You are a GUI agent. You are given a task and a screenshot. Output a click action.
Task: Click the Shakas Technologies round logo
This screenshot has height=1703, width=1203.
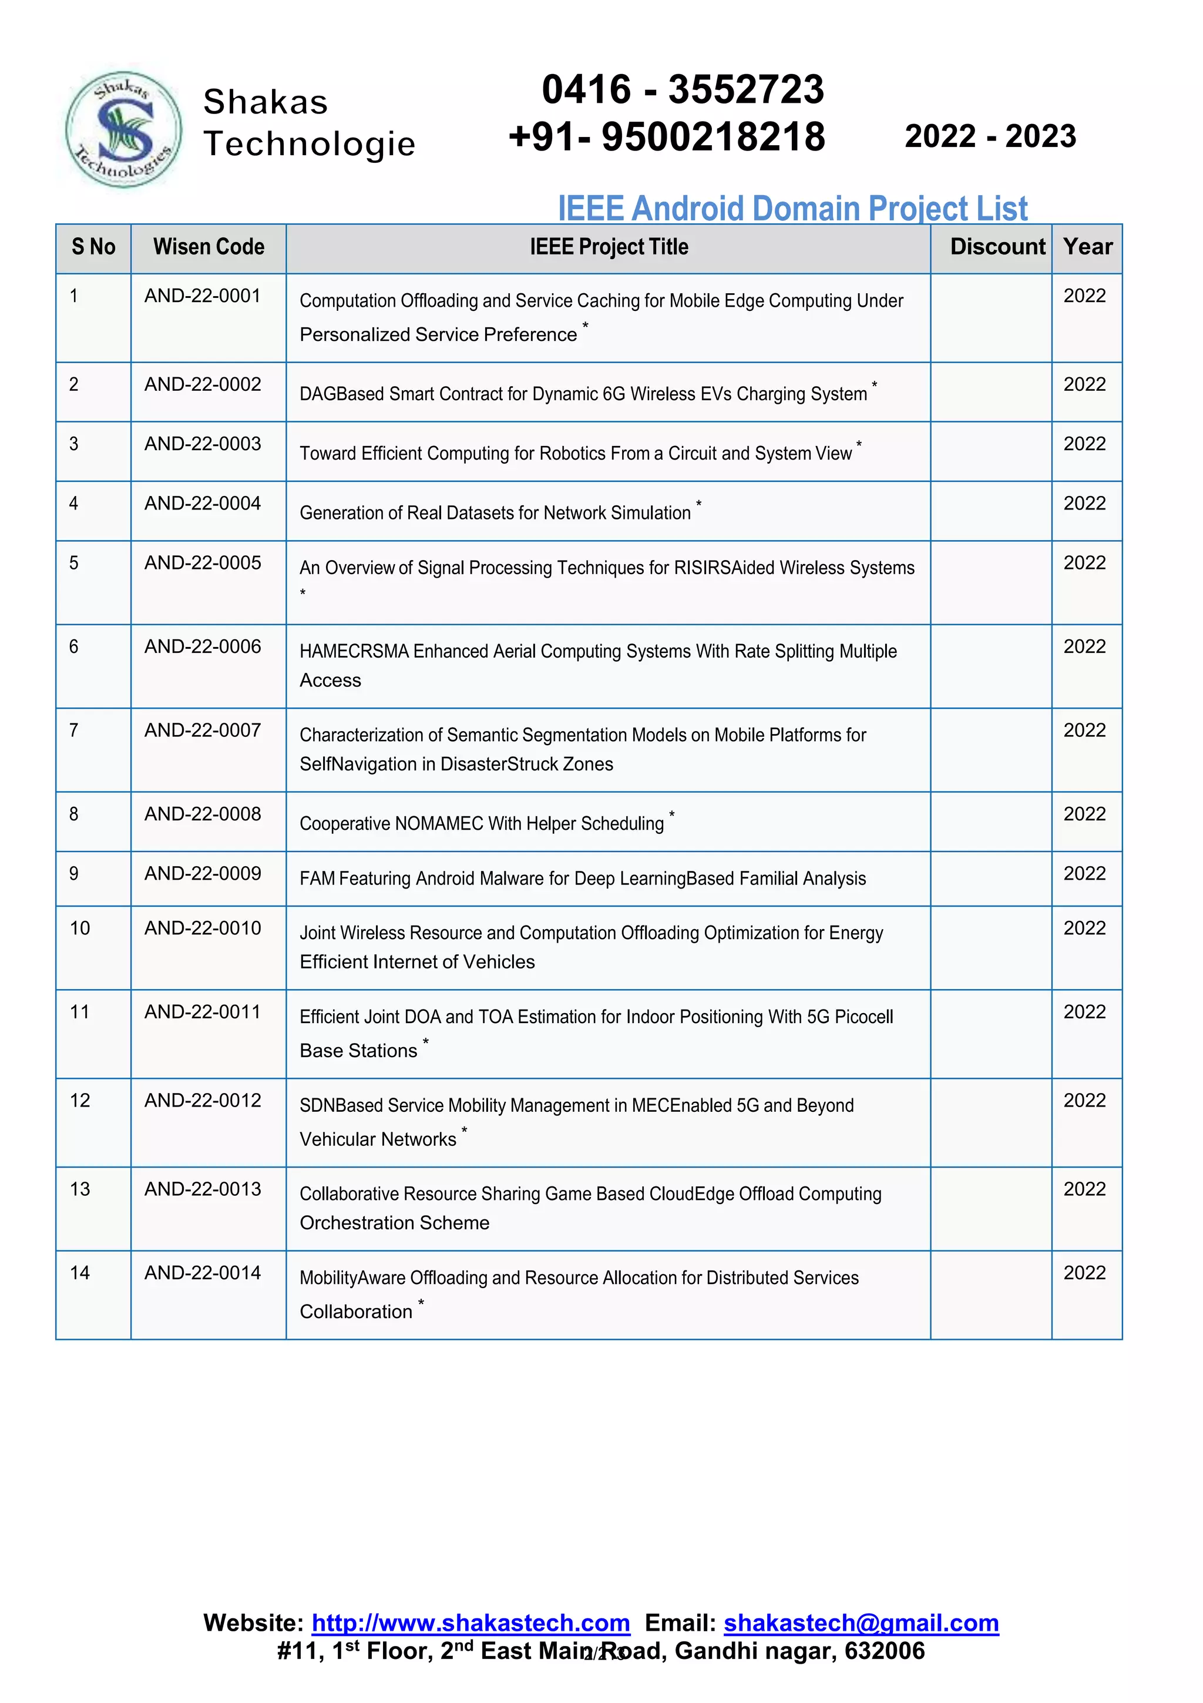pos(123,130)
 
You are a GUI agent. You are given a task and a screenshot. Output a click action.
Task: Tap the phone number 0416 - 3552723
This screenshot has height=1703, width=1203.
pos(682,90)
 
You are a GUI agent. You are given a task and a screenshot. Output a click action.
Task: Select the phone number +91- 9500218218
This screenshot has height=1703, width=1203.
pos(666,138)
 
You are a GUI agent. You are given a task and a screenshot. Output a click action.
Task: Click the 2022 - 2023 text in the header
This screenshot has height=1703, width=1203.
pos(990,136)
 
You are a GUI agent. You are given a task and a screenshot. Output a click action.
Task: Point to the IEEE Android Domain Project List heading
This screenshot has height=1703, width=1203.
pos(792,209)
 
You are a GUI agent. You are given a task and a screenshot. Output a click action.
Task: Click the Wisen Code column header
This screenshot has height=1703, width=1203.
pos(209,247)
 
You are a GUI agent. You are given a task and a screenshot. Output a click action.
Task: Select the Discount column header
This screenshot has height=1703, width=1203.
pos(997,247)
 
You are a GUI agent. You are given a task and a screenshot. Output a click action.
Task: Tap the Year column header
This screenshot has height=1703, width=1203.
pos(1087,247)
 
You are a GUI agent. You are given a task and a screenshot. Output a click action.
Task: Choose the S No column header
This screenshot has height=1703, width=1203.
pos(93,247)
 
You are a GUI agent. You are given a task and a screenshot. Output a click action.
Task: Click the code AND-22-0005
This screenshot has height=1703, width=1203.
pos(202,563)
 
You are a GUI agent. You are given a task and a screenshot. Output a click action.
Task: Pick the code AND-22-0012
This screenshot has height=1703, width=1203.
pos(202,1101)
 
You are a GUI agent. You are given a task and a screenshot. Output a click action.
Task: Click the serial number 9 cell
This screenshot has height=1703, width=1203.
pos(74,874)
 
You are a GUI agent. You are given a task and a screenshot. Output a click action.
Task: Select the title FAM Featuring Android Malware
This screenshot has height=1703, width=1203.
pos(582,879)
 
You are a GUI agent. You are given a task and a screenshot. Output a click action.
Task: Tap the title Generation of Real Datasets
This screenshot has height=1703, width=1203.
pos(495,513)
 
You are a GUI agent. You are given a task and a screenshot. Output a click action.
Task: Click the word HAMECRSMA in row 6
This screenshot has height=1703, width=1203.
pos(354,651)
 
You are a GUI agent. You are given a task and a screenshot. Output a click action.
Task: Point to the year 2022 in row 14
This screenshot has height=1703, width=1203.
pos(1084,1273)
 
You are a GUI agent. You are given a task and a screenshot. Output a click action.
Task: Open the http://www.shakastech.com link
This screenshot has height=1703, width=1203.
pos(470,1623)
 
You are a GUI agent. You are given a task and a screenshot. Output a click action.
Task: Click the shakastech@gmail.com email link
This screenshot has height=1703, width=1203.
pos(861,1623)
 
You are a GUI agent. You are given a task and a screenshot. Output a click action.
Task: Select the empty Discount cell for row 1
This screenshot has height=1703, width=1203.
pos(990,318)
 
